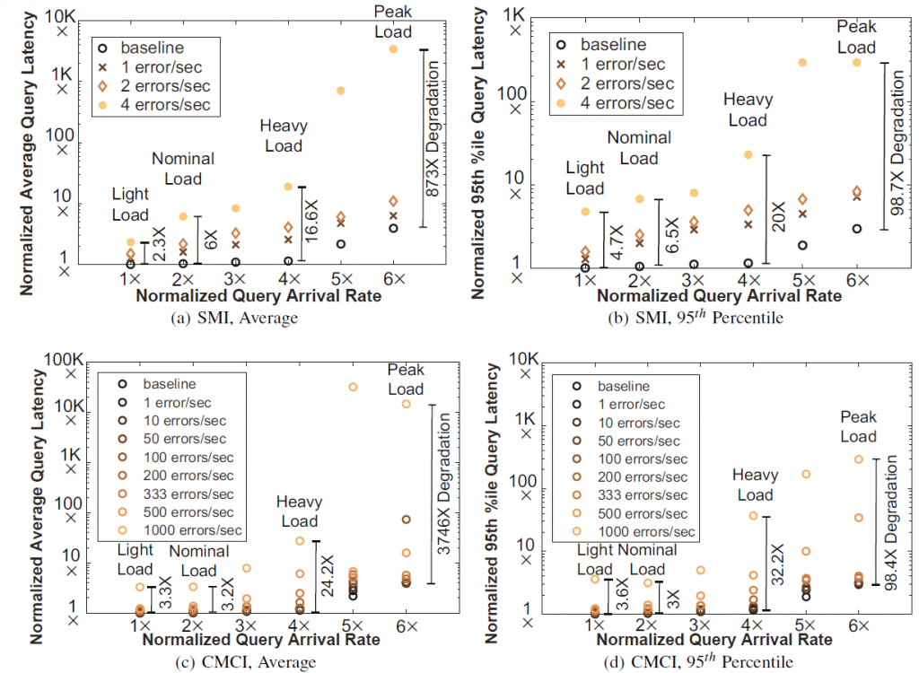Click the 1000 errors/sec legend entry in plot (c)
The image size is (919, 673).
[187, 530]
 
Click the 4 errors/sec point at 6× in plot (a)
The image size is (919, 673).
[392, 48]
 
